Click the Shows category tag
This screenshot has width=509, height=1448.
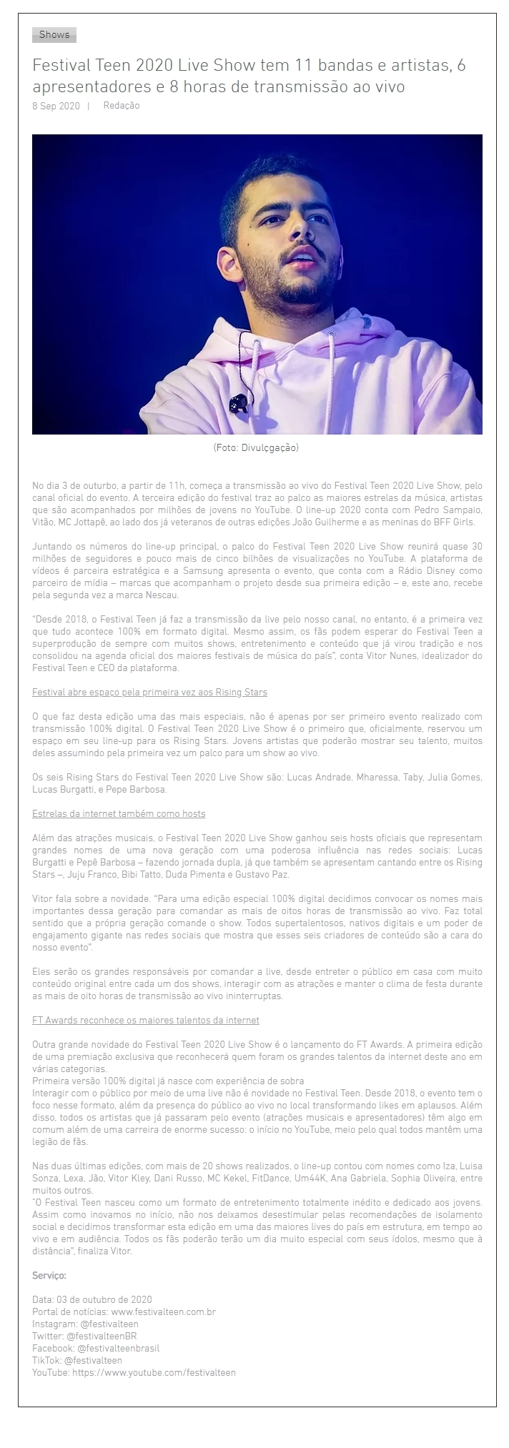[54, 34]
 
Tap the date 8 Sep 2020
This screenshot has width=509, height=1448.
[56, 106]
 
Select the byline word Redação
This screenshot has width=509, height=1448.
[122, 106]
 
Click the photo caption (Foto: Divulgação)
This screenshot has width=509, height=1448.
[256, 447]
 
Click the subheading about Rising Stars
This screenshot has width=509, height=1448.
[150, 692]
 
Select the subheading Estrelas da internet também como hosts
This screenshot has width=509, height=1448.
[119, 813]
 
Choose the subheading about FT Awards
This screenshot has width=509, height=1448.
[146, 1020]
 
